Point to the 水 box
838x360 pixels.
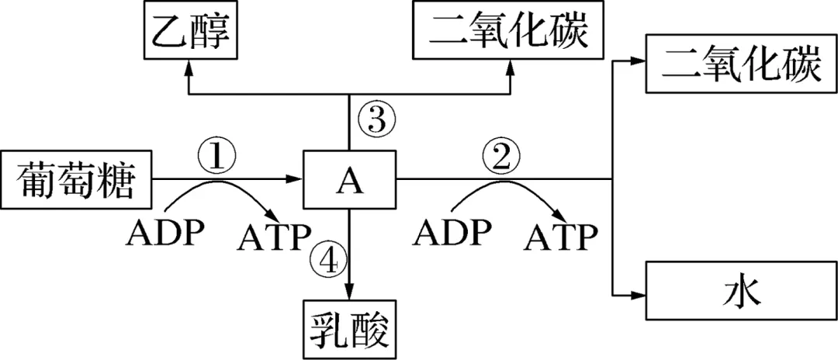pos(740,294)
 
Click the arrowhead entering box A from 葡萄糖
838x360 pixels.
pos(295,182)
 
